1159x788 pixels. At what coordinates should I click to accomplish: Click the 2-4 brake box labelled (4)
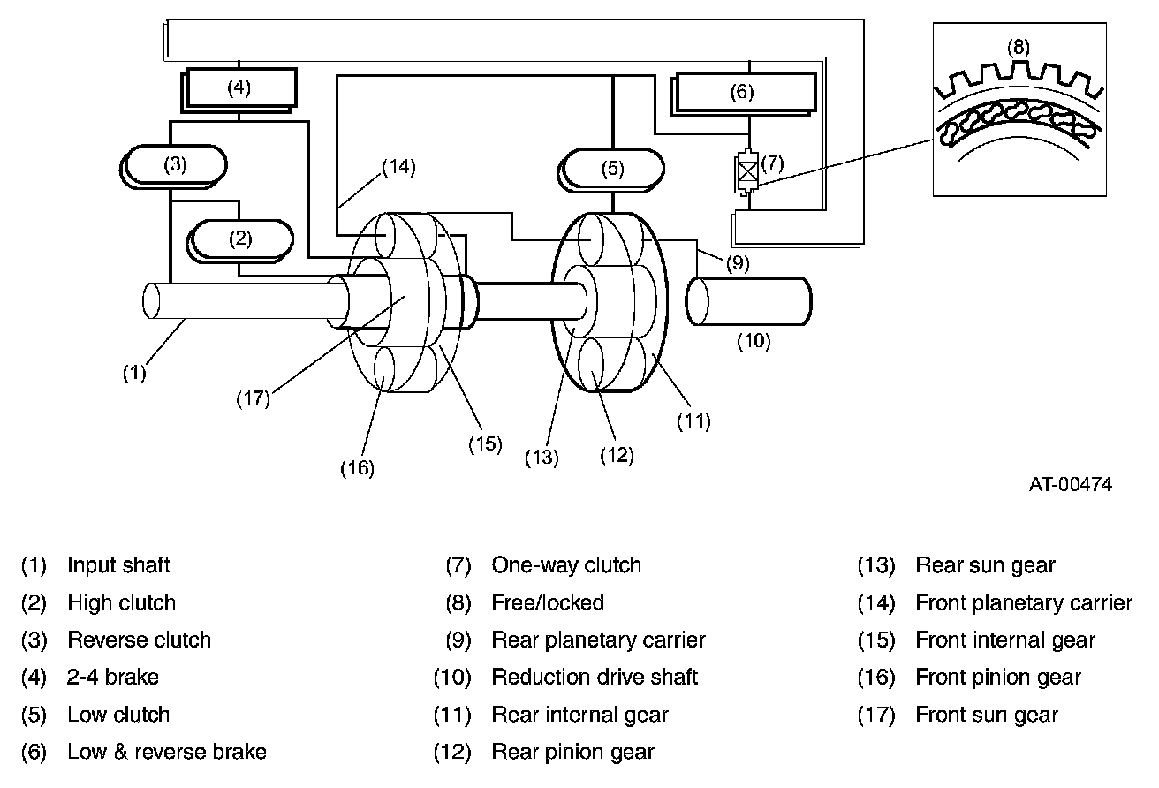(239, 87)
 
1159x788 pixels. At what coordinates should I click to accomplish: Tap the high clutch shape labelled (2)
(241, 238)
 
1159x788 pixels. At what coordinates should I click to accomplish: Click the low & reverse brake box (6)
(744, 92)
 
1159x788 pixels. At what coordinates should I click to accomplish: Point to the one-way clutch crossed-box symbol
(748, 171)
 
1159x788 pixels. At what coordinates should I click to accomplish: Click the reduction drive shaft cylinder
(749, 301)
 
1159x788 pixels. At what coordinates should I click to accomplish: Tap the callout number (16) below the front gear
(357, 468)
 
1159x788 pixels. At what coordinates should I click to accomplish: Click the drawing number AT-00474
(1070, 484)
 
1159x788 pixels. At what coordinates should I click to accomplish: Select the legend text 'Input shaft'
(119, 565)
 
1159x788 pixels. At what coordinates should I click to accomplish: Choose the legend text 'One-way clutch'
(566, 565)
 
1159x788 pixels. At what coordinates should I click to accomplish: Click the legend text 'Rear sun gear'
(985, 565)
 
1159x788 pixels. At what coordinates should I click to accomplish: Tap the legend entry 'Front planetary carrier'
(1023, 603)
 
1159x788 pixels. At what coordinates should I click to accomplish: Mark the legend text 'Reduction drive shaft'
(595, 678)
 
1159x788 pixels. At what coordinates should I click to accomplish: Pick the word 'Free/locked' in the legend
(548, 603)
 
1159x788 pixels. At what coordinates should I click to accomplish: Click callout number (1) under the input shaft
(133, 373)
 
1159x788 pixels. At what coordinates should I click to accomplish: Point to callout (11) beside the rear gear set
(693, 421)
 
